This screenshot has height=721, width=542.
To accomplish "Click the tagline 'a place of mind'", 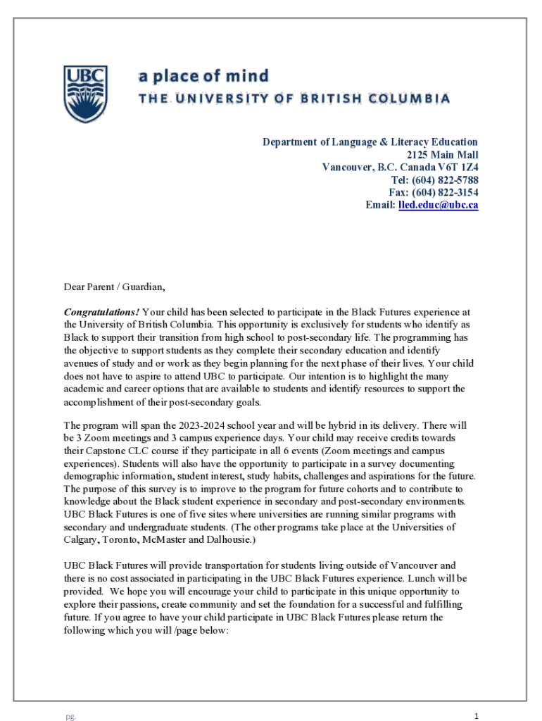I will tap(203, 75).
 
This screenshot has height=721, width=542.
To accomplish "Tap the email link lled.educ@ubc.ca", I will tap(438, 205).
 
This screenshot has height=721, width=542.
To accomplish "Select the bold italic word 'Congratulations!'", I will tap(101, 311).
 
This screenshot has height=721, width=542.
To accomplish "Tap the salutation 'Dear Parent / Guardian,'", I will tap(115, 287).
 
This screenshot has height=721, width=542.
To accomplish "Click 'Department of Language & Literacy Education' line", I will tap(370, 142).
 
